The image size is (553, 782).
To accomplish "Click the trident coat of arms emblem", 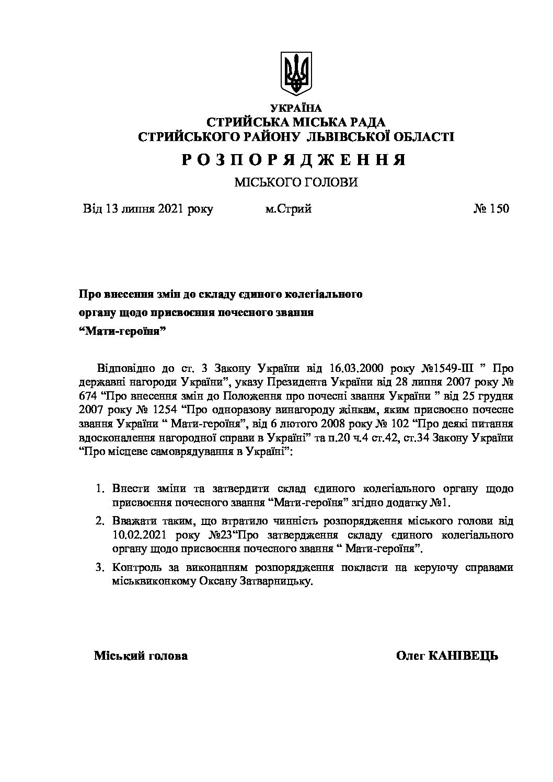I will coord(296,73).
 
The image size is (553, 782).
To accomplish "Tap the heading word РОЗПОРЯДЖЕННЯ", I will coord(294,159).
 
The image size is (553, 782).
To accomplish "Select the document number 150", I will coord(499,209).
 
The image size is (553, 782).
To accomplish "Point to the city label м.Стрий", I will coord(288,209).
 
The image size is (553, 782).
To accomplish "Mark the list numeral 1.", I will coord(98,489).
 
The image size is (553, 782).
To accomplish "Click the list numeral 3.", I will coord(98,567).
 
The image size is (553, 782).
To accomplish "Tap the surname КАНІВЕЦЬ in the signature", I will coord(463,656).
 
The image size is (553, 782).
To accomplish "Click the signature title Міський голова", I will coord(141,656).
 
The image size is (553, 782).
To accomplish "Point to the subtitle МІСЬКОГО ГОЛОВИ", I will coord(296,182).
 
